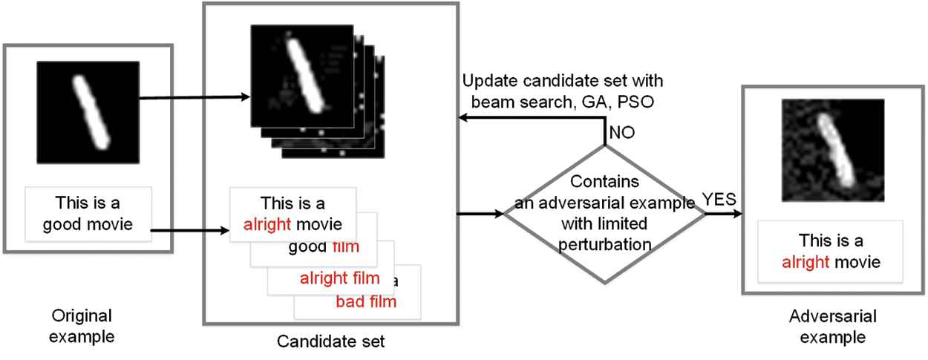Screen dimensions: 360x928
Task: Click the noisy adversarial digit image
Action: click(x=832, y=151)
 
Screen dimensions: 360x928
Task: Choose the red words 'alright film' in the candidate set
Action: click(x=344, y=279)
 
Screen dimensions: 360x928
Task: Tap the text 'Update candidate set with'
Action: click(x=561, y=80)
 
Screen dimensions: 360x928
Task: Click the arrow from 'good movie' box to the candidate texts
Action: click(x=190, y=230)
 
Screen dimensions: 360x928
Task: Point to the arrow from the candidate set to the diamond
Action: click(x=482, y=213)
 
